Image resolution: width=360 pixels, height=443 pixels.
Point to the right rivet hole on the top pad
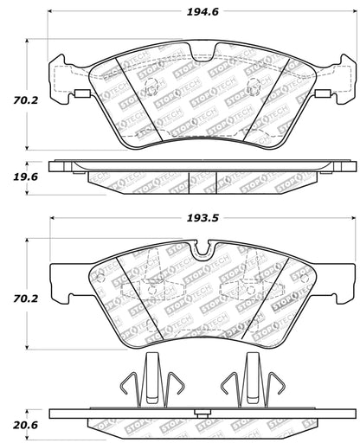(x=251, y=87)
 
